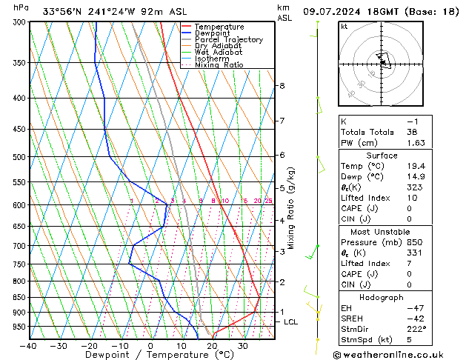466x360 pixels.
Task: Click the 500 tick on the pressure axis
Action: click(19, 157)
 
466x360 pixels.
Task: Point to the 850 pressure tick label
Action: click(19, 297)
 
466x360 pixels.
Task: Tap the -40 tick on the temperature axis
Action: click(28, 346)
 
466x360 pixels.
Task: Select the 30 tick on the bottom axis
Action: click(242, 346)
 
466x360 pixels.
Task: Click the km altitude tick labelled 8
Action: click(282, 86)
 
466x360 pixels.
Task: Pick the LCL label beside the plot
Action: click(290, 322)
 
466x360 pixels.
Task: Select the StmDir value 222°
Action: click(416, 329)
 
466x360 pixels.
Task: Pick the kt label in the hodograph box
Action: click(344, 26)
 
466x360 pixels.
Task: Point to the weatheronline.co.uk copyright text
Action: click(395, 354)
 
